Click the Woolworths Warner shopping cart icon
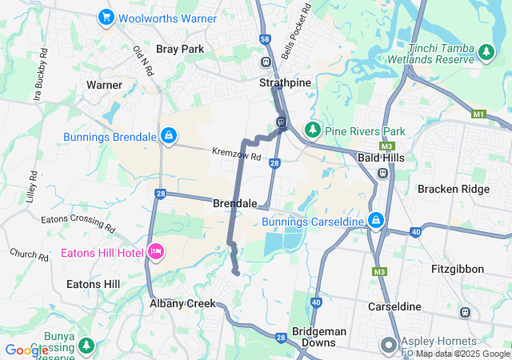tap(106, 17)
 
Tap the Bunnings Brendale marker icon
tap(169, 137)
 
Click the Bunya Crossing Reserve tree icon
tap(86, 346)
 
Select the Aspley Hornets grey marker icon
tap(390, 346)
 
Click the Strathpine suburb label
tap(285, 83)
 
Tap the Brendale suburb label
tap(235, 204)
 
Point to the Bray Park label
tap(180, 49)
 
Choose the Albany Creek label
tap(183, 303)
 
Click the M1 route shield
tap(478, 114)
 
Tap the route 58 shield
tap(266, 38)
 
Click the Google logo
tap(26, 350)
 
